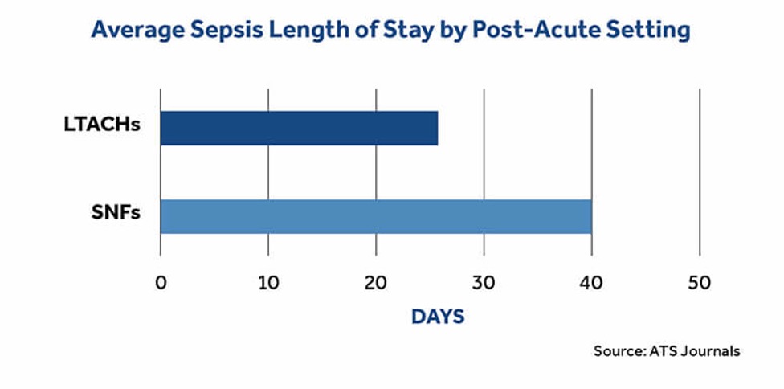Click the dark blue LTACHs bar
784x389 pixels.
point(299,128)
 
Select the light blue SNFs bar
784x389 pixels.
point(376,215)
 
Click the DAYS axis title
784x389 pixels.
point(438,317)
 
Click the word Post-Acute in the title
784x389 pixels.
point(550,31)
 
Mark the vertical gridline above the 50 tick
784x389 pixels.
point(700,161)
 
